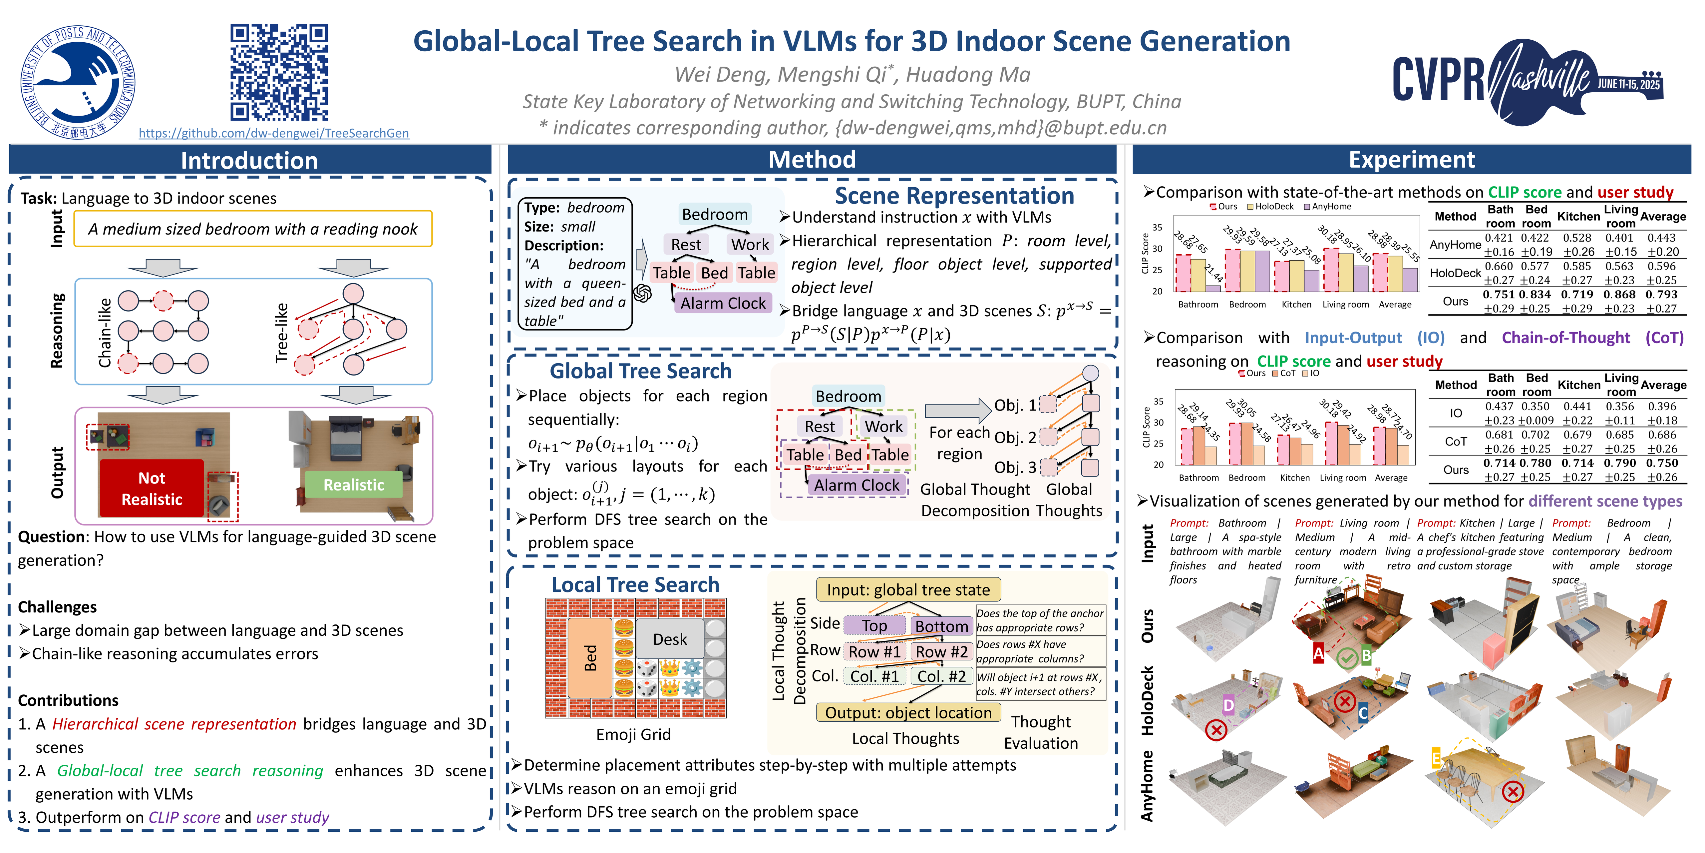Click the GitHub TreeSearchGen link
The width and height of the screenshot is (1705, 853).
(x=273, y=133)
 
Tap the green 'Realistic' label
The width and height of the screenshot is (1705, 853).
(x=353, y=485)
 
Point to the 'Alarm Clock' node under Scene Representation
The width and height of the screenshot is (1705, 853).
(x=723, y=303)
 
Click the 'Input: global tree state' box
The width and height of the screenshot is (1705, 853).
(x=908, y=589)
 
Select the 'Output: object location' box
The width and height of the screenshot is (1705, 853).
(x=908, y=713)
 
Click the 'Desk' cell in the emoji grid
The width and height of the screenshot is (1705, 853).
(x=670, y=639)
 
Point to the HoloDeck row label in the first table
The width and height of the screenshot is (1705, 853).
(x=1455, y=273)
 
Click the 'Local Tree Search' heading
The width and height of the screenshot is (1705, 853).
(x=635, y=585)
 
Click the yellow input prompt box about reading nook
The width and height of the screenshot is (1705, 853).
(x=253, y=229)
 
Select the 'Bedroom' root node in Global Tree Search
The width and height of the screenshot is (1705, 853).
(x=848, y=396)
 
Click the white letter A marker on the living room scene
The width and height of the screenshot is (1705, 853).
(x=1318, y=653)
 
